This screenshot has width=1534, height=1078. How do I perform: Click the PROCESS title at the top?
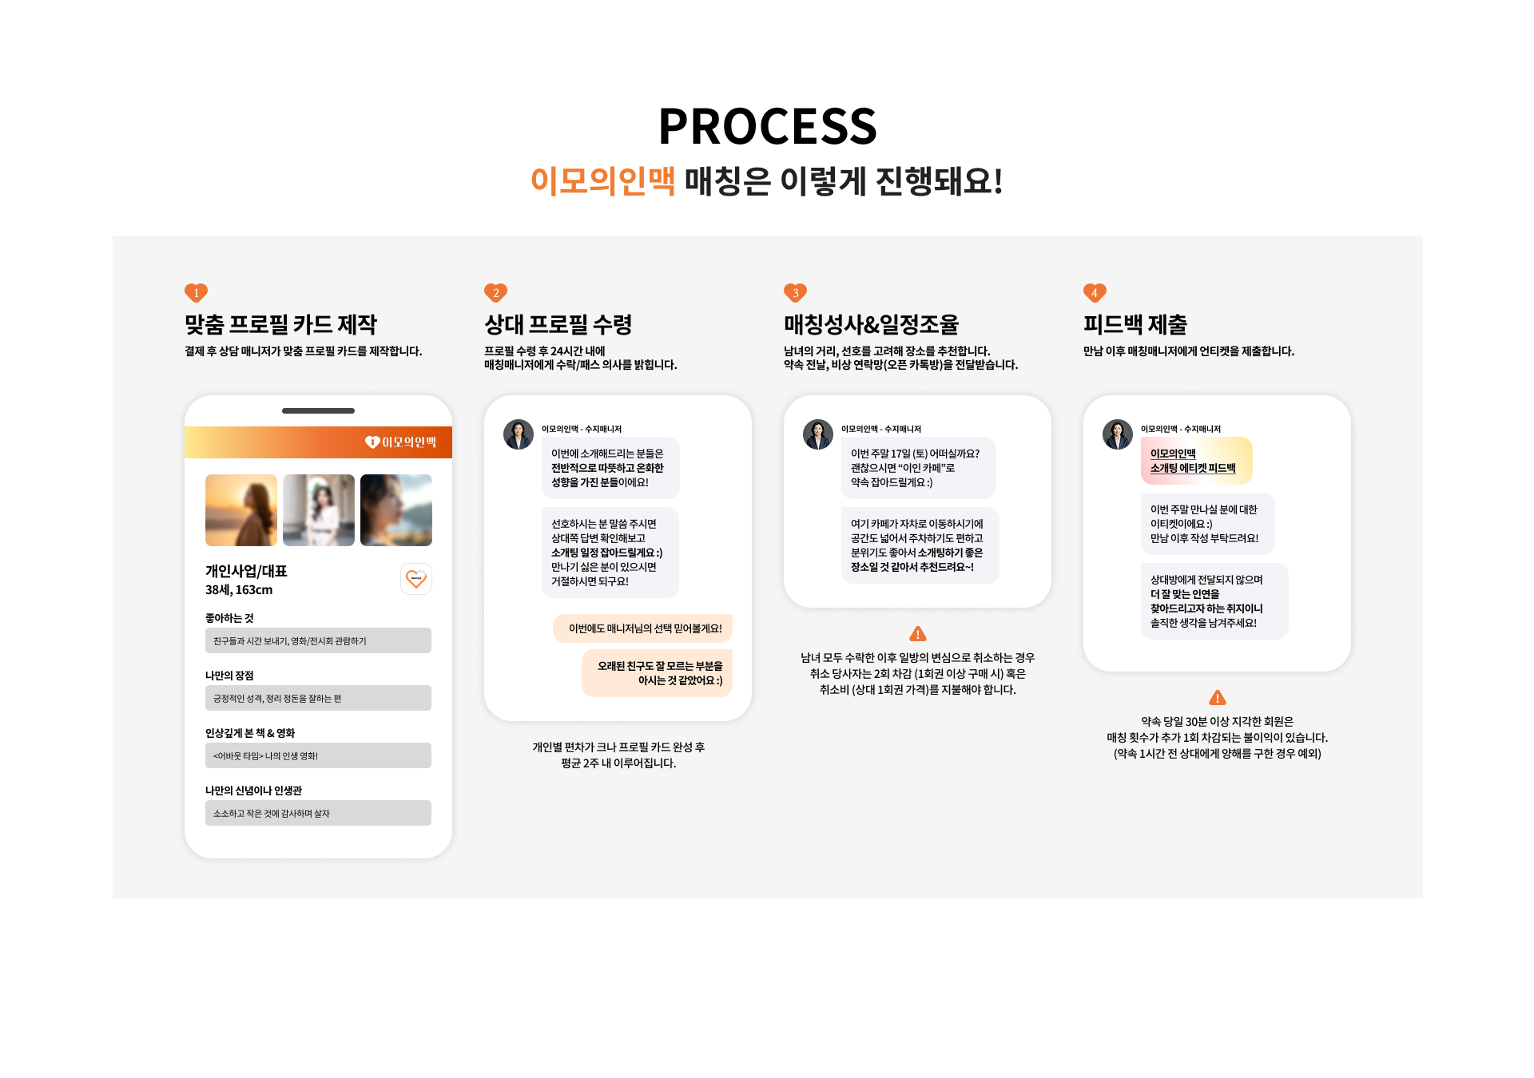click(x=767, y=126)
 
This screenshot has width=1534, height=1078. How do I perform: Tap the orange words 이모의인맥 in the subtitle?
click(x=603, y=180)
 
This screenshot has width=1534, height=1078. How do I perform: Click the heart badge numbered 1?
click(x=196, y=293)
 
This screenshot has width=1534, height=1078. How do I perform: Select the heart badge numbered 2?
click(x=495, y=293)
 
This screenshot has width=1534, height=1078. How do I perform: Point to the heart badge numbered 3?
click(x=795, y=293)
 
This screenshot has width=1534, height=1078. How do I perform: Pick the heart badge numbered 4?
click(x=1095, y=293)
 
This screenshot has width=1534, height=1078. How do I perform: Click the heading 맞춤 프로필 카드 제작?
click(x=280, y=324)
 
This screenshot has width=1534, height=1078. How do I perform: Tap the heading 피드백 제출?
click(x=1135, y=324)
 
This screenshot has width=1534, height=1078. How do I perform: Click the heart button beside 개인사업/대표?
click(x=416, y=579)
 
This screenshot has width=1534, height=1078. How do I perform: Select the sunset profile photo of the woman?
click(x=241, y=510)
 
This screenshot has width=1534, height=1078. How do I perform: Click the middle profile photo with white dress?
click(x=319, y=510)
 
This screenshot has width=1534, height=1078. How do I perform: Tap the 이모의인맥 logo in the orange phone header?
click(x=400, y=442)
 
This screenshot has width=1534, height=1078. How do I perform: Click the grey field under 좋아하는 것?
click(x=318, y=640)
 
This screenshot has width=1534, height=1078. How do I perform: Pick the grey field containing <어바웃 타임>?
click(x=318, y=755)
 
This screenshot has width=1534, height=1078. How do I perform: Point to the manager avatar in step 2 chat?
click(x=519, y=434)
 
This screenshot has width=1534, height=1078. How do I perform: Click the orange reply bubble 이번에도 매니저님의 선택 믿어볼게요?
click(x=643, y=628)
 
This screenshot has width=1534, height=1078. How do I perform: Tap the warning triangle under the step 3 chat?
click(x=918, y=634)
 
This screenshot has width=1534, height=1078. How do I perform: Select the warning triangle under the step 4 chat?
click(x=1218, y=698)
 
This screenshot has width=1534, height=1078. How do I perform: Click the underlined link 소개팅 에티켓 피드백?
click(x=1193, y=468)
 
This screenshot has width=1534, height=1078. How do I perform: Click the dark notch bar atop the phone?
click(x=318, y=410)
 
